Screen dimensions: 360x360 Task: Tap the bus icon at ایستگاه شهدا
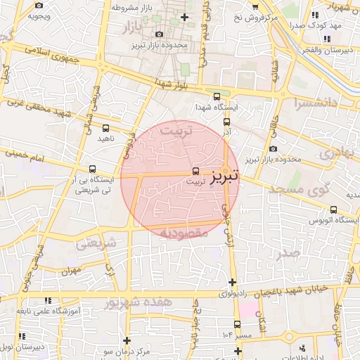216,97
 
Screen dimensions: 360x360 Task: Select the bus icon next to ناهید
105,129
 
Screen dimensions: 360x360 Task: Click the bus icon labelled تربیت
195,170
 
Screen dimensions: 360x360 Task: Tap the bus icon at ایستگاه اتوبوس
333,209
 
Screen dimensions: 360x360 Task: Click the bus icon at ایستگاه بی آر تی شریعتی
94,169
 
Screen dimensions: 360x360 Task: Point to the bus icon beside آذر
226,122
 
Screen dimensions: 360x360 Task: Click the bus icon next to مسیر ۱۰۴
237,324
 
